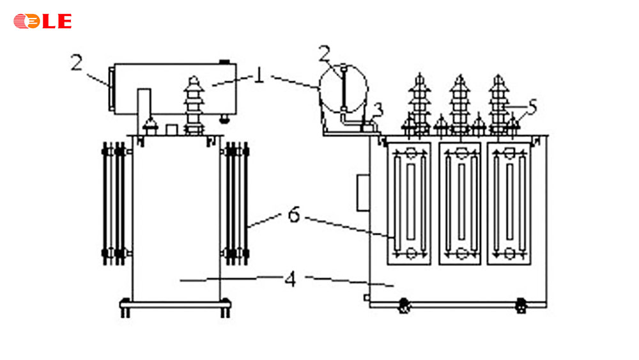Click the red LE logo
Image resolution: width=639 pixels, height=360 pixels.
pos(42,21)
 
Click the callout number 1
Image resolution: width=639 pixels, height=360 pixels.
pos(259,75)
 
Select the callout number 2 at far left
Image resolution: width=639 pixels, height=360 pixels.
pos(77,63)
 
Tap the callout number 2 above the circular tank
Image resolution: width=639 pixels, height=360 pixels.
pos(325,53)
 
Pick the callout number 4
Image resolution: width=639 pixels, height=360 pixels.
pos(291,279)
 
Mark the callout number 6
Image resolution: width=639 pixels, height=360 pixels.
pos(293,215)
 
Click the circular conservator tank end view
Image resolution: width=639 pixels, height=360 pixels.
pos(343,88)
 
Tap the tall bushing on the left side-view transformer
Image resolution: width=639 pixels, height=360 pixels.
pos(192,106)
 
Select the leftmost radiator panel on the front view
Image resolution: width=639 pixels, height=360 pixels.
pos(409,203)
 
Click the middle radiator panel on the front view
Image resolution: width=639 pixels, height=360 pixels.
pos(459,203)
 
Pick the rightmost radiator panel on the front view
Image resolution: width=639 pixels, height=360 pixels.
pos(509,203)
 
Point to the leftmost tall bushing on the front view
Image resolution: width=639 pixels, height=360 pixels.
pos(419,102)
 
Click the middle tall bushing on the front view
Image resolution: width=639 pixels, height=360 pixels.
pos(458,102)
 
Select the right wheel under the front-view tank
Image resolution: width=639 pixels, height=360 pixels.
pos(521,305)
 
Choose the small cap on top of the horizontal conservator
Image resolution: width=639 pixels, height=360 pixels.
pos(224,62)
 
